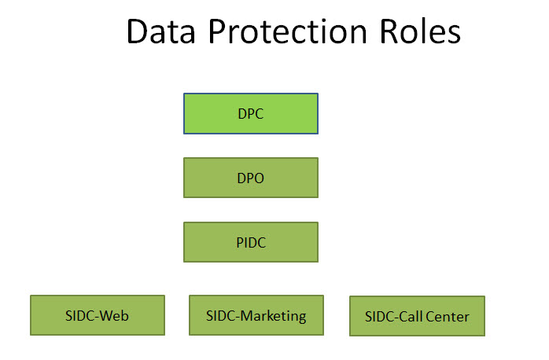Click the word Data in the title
pos(160,32)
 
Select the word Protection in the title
pos(288,32)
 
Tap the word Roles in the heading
pos(420,32)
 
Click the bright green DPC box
pos(251,114)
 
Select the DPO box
pos(251,178)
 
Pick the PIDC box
pos(251,242)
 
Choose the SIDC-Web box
pos(98,315)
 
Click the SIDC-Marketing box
pos(256,315)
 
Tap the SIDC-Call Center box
pos(417,316)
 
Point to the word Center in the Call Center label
pos(448,317)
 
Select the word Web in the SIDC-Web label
pos(114,316)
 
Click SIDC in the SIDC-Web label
pos(79,316)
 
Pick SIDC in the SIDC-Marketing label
pos(220,316)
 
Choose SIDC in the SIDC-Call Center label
pos(380,317)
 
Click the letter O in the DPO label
pos(259,178)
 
